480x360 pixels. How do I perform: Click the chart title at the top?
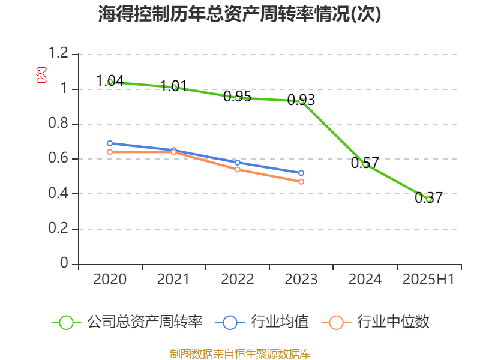[240, 14]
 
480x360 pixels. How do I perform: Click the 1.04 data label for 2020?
[110, 80]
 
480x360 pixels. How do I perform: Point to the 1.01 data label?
[174, 86]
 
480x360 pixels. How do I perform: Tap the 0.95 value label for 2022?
[237, 97]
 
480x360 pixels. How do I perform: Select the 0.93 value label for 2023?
[301, 100]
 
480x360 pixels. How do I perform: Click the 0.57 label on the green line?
[365, 163]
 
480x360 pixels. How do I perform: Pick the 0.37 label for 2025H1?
[428, 197]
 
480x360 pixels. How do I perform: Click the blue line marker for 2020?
[110, 143]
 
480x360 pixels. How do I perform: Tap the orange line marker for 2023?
[301, 181]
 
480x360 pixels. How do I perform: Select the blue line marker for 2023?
[301, 173]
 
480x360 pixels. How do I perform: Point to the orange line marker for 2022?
[238, 169]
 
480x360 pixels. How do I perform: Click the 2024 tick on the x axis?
[365, 279]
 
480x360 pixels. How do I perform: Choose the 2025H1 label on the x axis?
[428, 279]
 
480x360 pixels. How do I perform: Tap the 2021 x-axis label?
[173, 279]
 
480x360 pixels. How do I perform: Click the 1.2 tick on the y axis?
[59, 54]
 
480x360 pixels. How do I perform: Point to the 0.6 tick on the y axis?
[59, 159]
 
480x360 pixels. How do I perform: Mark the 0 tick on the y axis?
[65, 264]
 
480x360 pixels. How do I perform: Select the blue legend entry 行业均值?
[266, 322]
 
